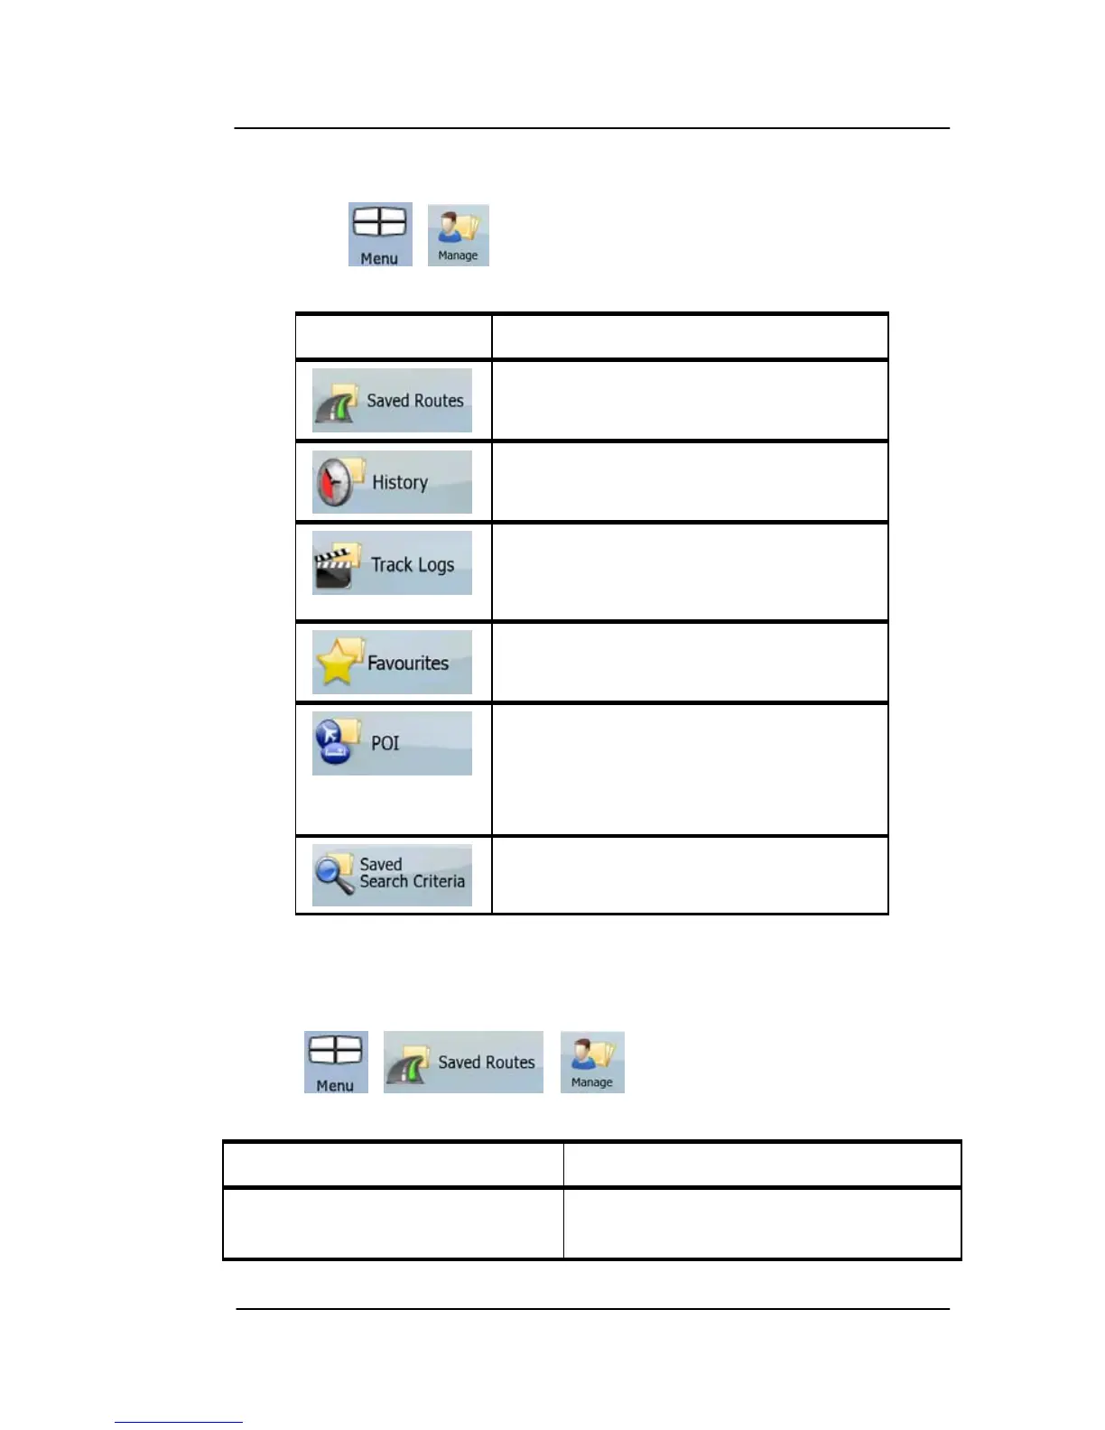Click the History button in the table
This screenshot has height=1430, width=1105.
(392, 482)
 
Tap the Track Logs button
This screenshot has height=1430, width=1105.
(392, 563)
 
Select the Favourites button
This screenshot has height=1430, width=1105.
(392, 663)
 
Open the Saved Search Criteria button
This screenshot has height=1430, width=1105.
(392, 875)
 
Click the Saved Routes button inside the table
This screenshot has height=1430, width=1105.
(392, 400)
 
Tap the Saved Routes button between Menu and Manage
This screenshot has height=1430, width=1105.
(463, 1063)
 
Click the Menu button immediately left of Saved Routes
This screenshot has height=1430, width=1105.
(336, 1063)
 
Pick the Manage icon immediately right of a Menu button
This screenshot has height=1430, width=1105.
(458, 235)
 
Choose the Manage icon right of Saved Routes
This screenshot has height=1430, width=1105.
(592, 1063)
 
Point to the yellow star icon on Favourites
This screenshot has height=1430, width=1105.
(337, 664)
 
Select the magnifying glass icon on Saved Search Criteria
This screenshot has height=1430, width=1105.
(334, 874)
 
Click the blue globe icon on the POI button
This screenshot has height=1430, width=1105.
(334, 742)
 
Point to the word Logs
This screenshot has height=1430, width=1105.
(435, 565)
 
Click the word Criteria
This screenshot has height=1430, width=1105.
(440, 882)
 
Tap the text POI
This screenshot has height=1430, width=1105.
(385, 743)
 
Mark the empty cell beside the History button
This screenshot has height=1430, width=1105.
(690, 482)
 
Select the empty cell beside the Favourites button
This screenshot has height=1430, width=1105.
(690, 663)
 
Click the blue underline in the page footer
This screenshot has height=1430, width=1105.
(178, 1422)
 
